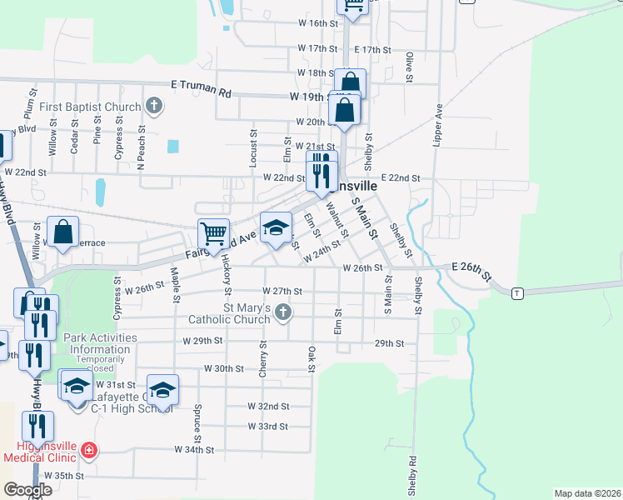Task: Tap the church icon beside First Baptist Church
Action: [153, 106]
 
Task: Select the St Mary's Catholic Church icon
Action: [284, 312]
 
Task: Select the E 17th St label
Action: [371, 50]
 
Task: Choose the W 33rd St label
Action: [267, 426]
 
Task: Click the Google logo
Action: [28, 490]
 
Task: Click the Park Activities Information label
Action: [100, 343]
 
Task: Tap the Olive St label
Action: [410, 67]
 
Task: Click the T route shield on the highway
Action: [517, 292]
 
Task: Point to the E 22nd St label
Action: [401, 178]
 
